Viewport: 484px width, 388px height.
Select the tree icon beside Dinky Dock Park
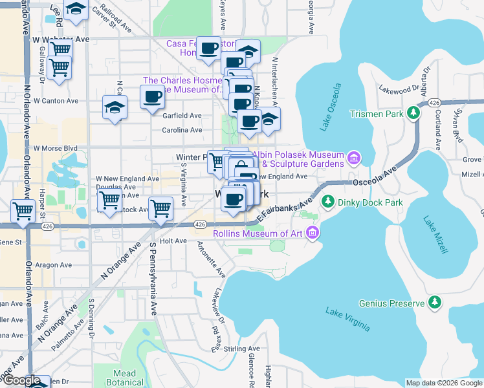pyautogui.click(x=327, y=202)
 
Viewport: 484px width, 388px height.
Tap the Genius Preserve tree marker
pyautogui.click(x=435, y=302)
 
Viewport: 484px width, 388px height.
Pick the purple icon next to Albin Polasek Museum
pyautogui.click(x=353, y=158)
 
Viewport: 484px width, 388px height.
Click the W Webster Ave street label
pyautogui.click(x=60, y=39)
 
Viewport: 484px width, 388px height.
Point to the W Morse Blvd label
pyautogui.click(x=56, y=148)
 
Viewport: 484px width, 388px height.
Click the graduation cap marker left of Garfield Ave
pyautogui.click(x=115, y=107)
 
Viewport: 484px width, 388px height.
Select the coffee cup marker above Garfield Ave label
pyautogui.click(x=153, y=98)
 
